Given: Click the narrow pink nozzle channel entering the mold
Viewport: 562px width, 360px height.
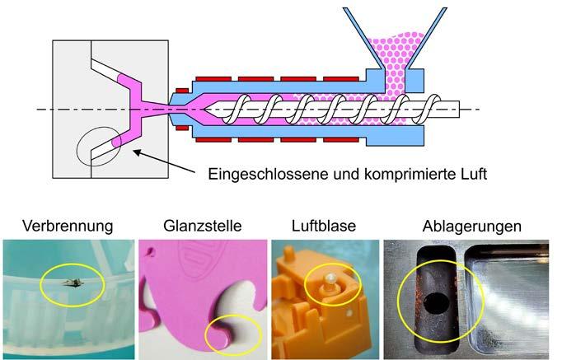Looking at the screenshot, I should [x=165, y=110].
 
